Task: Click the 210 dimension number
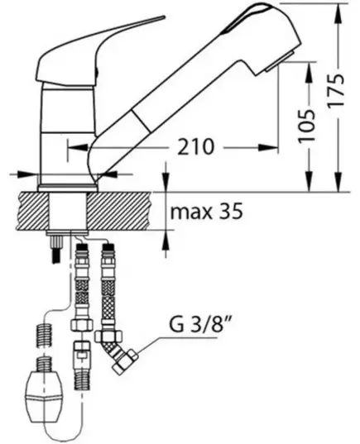(x=195, y=147)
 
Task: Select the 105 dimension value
(x=307, y=125)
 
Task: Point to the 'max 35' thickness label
(x=206, y=211)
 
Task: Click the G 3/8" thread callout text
(x=199, y=325)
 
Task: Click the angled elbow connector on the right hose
(x=116, y=352)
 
